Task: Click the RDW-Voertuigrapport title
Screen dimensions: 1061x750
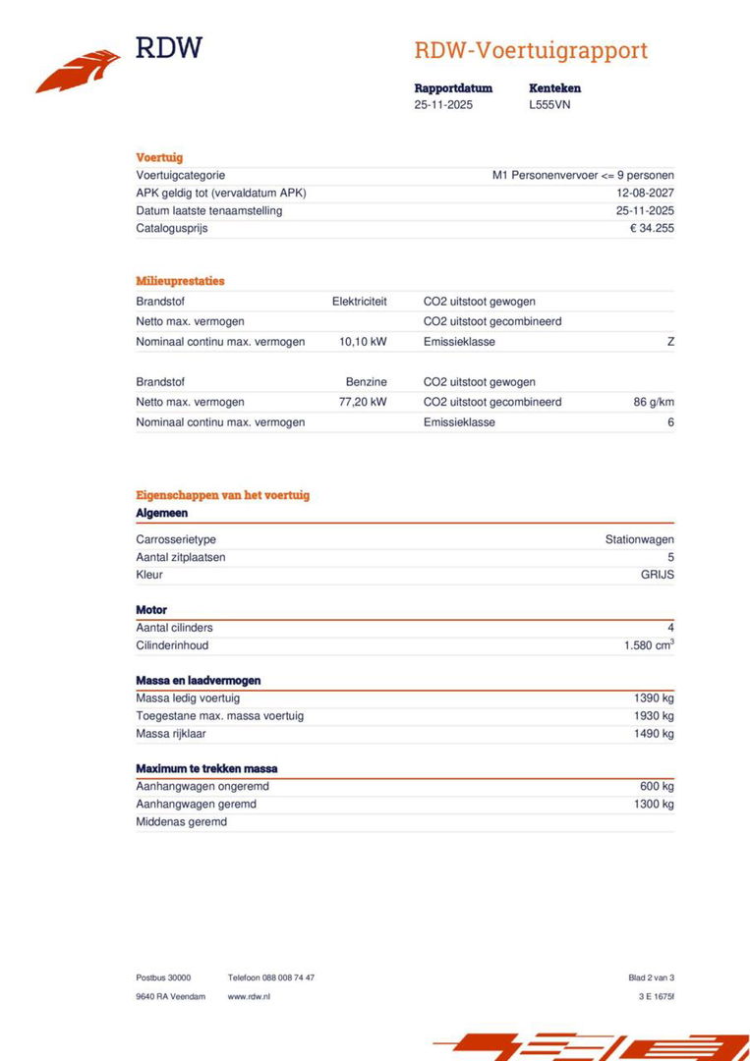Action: [x=531, y=50]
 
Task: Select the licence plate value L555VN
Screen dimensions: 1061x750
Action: [x=549, y=104]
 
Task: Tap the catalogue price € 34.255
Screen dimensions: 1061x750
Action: [x=652, y=228]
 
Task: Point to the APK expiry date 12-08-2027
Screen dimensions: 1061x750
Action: [x=645, y=193]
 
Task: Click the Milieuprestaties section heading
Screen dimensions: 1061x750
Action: [x=180, y=281]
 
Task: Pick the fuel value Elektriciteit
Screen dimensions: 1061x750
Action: [x=359, y=302]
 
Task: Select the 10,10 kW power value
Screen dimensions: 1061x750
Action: [x=363, y=342]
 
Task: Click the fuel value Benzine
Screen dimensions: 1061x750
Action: [x=366, y=382]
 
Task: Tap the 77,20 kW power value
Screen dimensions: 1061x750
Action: [x=363, y=402]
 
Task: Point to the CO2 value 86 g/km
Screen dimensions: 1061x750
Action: [x=654, y=402]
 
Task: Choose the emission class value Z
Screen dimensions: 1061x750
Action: [x=670, y=342]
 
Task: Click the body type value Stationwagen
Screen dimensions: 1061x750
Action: [x=639, y=539]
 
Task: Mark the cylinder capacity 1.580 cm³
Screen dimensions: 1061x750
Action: [x=649, y=645]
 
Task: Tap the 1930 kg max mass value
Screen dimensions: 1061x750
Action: [x=654, y=716]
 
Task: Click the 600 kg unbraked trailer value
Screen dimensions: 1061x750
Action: [x=657, y=786]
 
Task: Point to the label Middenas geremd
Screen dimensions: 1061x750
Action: [x=181, y=821]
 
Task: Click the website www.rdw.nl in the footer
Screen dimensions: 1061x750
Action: [x=249, y=996]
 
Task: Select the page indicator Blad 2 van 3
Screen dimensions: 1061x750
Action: [x=651, y=977]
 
